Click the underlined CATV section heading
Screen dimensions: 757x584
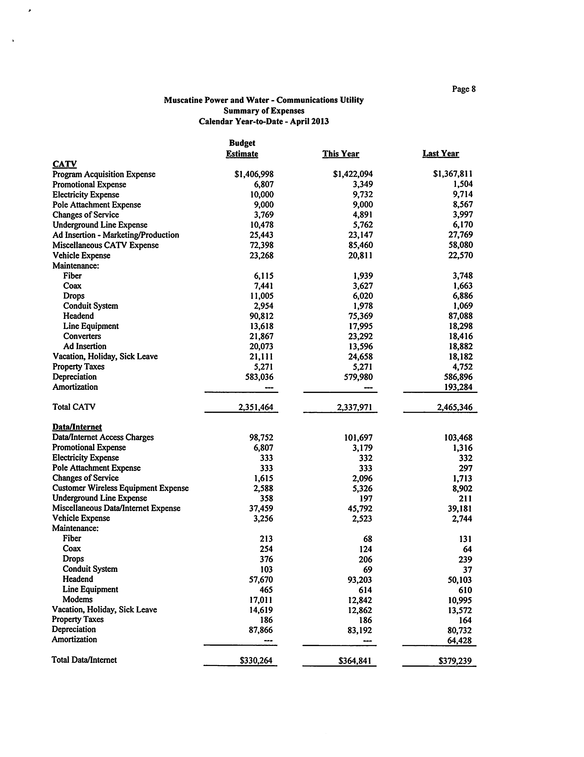(x=64, y=164)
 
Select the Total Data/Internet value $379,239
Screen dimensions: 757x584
(x=455, y=661)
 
